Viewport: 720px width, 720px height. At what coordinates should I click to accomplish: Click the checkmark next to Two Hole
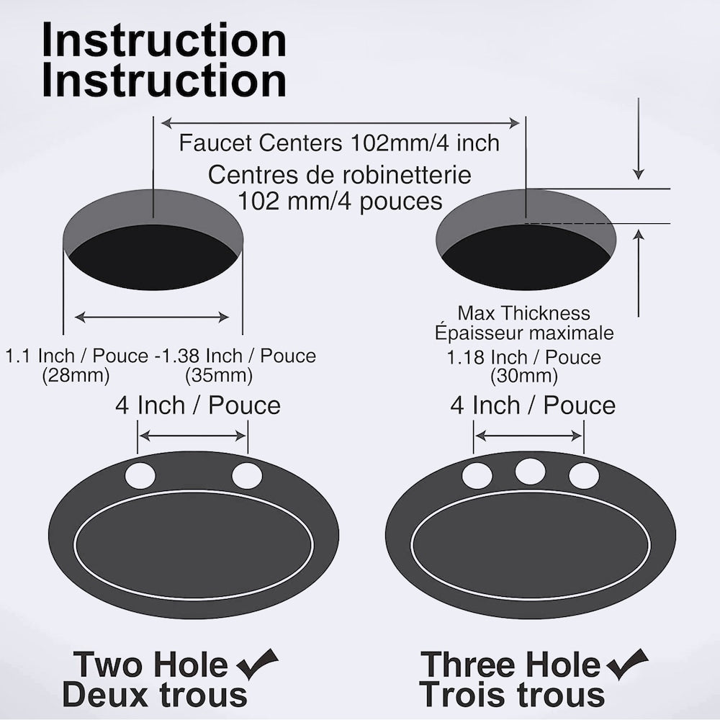[x=257, y=664]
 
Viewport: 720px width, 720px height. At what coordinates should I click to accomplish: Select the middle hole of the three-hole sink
[x=530, y=472]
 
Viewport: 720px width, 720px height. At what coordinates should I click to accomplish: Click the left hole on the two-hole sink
[x=140, y=476]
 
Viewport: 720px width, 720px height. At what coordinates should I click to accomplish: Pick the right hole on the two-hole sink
[x=247, y=476]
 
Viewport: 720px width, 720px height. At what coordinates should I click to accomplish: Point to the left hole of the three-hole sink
[x=477, y=476]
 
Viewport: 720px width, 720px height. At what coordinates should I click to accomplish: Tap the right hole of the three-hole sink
[x=583, y=476]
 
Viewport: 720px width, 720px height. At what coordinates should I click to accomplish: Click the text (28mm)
[x=76, y=375]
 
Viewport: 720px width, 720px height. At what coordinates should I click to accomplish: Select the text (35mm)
[x=219, y=375]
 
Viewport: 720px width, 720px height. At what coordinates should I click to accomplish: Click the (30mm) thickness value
[x=523, y=375]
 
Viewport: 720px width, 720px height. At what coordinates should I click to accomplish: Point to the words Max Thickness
[x=523, y=313]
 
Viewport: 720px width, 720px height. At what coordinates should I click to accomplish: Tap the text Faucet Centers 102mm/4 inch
[x=339, y=143]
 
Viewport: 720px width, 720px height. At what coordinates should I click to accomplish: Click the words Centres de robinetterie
[x=340, y=174]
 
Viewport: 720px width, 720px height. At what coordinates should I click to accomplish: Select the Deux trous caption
[x=155, y=696]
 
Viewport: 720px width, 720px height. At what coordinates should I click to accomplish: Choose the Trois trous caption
[x=512, y=696]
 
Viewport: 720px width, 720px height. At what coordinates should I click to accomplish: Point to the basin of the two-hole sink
[x=194, y=545]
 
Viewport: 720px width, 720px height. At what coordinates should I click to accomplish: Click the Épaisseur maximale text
[x=523, y=333]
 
